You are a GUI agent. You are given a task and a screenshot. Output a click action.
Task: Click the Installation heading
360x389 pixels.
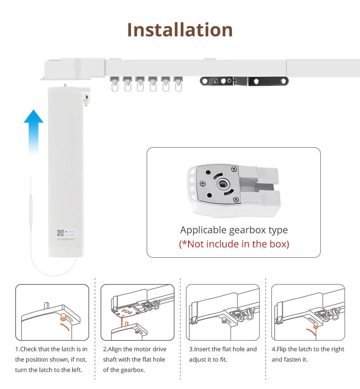point(180,30)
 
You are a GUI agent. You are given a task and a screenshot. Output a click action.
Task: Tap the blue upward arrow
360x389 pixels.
point(33,132)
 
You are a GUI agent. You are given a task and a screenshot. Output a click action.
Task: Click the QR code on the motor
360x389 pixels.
point(60,233)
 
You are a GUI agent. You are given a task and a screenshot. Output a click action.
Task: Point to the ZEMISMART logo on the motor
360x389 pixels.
point(66,239)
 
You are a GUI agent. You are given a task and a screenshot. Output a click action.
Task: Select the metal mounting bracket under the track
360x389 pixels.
point(244,81)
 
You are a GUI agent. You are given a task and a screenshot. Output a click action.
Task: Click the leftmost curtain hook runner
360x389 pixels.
point(115,83)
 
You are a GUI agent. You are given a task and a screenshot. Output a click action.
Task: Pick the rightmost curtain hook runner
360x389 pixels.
point(178,83)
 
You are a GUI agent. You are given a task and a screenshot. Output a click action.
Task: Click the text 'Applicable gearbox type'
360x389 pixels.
point(234,230)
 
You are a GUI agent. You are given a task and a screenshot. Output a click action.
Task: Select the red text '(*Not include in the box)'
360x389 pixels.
point(234,244)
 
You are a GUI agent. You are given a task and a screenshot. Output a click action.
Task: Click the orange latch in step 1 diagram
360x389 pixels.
point(63,317)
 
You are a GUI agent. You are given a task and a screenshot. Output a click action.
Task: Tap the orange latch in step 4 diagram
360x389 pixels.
point(316,326)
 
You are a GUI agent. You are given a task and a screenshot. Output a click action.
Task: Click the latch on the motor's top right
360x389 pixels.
point(86,100)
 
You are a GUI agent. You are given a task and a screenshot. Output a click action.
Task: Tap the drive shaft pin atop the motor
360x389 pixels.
point(65,85)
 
